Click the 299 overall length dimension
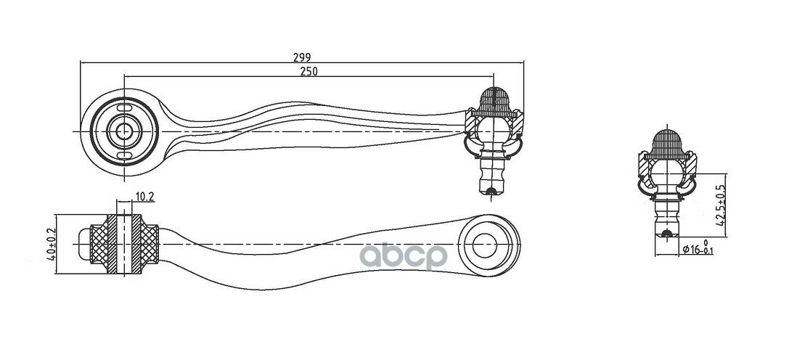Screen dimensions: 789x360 pos(302,57)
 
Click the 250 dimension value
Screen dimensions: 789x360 pos(308,72)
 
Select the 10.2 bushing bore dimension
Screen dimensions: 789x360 pos(144,197)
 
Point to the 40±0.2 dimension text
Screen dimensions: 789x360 pos(51,244)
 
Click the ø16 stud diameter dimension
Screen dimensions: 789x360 pos(698,248)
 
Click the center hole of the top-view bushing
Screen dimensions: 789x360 pos(124,131)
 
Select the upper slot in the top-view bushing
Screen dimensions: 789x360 pos(124,108)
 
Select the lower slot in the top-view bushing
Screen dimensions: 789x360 pos(124,155)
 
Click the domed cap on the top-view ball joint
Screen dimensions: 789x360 pos(494,101)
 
